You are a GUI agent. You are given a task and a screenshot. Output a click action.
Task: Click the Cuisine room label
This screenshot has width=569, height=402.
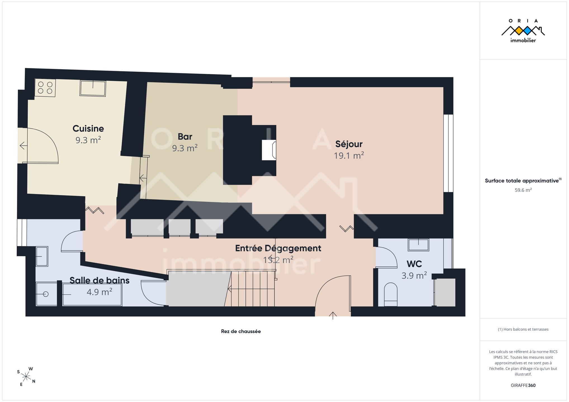[88, 128]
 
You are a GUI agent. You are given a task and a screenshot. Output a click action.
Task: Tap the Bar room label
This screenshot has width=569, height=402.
[185, 137]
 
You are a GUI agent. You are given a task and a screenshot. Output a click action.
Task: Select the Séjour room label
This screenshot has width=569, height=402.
[349, 144]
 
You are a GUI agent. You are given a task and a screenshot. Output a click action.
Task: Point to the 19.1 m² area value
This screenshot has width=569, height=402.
[349, 155]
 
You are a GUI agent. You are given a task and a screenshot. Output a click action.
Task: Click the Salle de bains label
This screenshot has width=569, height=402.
[99, 280]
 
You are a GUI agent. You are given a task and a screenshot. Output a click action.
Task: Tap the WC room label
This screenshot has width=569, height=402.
[414, 264]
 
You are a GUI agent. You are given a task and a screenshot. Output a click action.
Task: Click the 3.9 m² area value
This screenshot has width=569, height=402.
[414, 276]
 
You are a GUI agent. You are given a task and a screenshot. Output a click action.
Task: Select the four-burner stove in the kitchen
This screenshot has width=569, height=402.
[45, 88]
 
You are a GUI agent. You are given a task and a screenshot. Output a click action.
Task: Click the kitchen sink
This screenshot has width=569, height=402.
[93, 88]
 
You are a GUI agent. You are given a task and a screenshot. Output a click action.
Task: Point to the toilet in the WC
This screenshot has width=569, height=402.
[391, 295]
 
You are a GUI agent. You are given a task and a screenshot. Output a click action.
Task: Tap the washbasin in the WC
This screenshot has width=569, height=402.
[418, 245]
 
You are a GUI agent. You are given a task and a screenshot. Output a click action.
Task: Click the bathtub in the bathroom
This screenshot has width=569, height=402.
[92, 295]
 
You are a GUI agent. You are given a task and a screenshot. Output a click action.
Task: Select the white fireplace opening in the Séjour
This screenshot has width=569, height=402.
[269, 150]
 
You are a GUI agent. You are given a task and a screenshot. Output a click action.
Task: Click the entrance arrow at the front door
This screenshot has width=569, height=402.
[333, 316]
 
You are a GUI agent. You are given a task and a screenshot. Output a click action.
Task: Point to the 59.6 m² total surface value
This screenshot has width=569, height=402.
[523, 190]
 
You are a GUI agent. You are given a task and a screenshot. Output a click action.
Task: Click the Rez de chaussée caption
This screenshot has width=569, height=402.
[241, 331]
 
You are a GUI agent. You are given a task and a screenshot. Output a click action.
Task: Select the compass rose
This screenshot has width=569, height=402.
[26, 377]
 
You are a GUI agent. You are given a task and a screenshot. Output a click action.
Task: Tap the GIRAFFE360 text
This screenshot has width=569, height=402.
[523, 386]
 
